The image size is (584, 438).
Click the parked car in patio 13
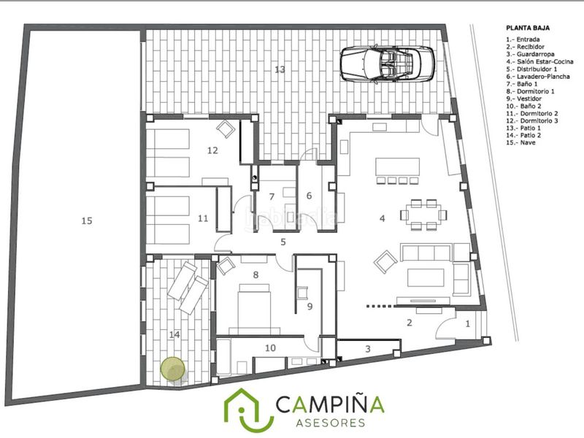(388, 64)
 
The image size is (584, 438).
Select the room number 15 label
(87, 221)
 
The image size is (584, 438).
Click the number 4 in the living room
(382, 218)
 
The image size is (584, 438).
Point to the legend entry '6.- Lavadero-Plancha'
(538, 77)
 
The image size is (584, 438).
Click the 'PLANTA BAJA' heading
(528, 28)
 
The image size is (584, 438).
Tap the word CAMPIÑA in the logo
(330, 404)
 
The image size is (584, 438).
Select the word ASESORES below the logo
(331, 423)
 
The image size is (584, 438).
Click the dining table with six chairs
(424, 215)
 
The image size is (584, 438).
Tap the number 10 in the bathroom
(270, 348)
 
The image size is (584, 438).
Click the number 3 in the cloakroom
(368, 349)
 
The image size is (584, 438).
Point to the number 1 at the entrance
(468, 324)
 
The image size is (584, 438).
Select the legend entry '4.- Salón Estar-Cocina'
(539, 61)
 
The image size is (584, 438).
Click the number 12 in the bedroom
(212, 150)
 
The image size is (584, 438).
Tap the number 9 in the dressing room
(310, 307)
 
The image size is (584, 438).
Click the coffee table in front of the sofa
(426, 277)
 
